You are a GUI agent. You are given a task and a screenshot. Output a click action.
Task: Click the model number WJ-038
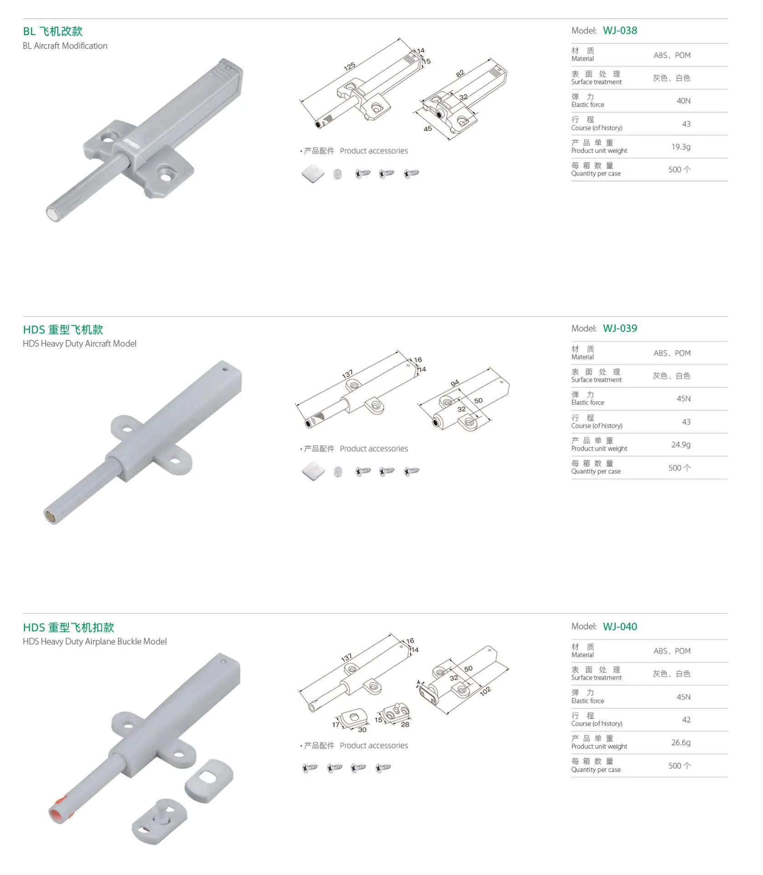(620, 31)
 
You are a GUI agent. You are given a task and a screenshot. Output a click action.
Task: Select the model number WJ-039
(620, 328)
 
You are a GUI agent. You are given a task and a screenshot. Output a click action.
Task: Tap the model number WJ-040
(620, 626)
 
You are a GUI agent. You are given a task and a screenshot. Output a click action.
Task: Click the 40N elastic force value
(683, 101)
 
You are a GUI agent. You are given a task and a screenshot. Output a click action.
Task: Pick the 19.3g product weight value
(681, 147)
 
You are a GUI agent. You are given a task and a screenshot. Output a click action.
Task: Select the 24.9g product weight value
(681, 444)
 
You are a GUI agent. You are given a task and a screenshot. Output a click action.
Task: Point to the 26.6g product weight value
(681, 742)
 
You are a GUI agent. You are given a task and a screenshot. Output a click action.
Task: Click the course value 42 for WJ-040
(686, 720)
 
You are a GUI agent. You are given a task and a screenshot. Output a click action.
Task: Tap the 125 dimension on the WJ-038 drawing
(350, 67)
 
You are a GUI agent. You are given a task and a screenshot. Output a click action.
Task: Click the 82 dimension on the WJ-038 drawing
(460, 73)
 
